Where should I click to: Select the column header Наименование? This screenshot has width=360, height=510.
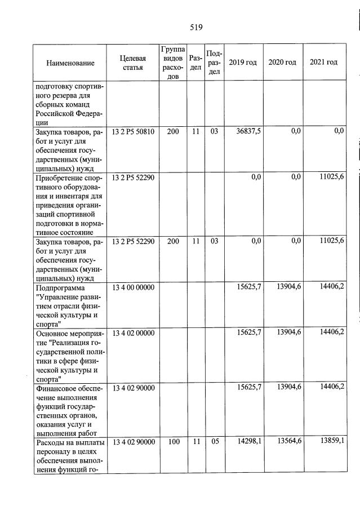pos(70,63)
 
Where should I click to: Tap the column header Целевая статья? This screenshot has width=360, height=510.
pos(133,63)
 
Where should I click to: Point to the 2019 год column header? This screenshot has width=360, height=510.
pos(243,63)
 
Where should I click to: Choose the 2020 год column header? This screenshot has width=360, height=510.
pos(282,63)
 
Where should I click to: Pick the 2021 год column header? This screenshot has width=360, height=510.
pos(323,63)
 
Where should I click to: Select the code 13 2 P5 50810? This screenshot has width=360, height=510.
pos(133,131)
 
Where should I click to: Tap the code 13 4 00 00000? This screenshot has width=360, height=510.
pos(133,287)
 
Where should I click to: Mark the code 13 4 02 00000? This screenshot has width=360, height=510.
pos(133,334)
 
